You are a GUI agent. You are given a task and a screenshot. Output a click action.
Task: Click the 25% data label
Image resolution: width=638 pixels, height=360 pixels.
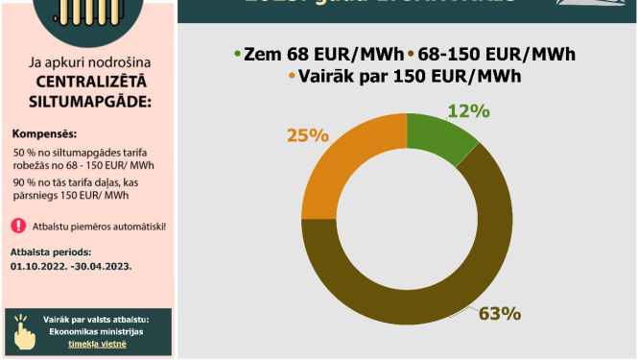pyautogui.click(x=305, y=134)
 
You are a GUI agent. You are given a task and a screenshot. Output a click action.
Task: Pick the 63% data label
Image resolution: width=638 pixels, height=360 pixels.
pyautogui.click(x=499, y=314)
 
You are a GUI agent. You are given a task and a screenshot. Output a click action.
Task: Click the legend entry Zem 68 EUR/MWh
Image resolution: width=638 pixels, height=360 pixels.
pyautogui.click(x=319, y=55)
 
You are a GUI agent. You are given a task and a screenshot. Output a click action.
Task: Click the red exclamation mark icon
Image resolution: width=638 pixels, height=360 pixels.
pyautogui.click(x=19, y=227)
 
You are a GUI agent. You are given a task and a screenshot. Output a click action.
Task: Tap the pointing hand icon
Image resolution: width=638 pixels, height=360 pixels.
pyautogui.click(x=25, y=332)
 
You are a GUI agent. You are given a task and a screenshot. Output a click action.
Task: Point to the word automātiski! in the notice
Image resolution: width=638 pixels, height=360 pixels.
pyautogui.click(x=138, y=227)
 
